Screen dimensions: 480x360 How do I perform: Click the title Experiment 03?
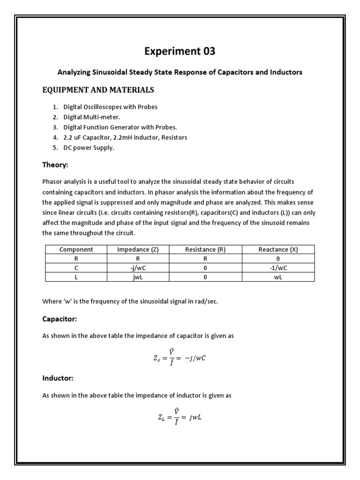180,52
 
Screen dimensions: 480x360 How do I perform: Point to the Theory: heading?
55,165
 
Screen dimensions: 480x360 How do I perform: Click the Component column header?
76,250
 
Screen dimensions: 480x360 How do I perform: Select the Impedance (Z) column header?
138,250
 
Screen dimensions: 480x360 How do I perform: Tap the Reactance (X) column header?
278,250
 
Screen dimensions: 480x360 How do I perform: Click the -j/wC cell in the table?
138,268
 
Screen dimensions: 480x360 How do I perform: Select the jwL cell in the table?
138,277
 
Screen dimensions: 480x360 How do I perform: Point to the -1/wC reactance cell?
278,268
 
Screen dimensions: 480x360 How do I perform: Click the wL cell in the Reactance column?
278,277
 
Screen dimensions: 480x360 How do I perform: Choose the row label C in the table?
76,268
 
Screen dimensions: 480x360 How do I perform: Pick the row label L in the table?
76,277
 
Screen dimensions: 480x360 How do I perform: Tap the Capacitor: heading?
59,319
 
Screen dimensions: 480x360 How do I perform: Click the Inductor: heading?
58,378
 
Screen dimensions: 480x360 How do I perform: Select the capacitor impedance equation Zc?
180,358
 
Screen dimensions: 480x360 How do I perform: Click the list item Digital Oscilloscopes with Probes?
113,107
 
